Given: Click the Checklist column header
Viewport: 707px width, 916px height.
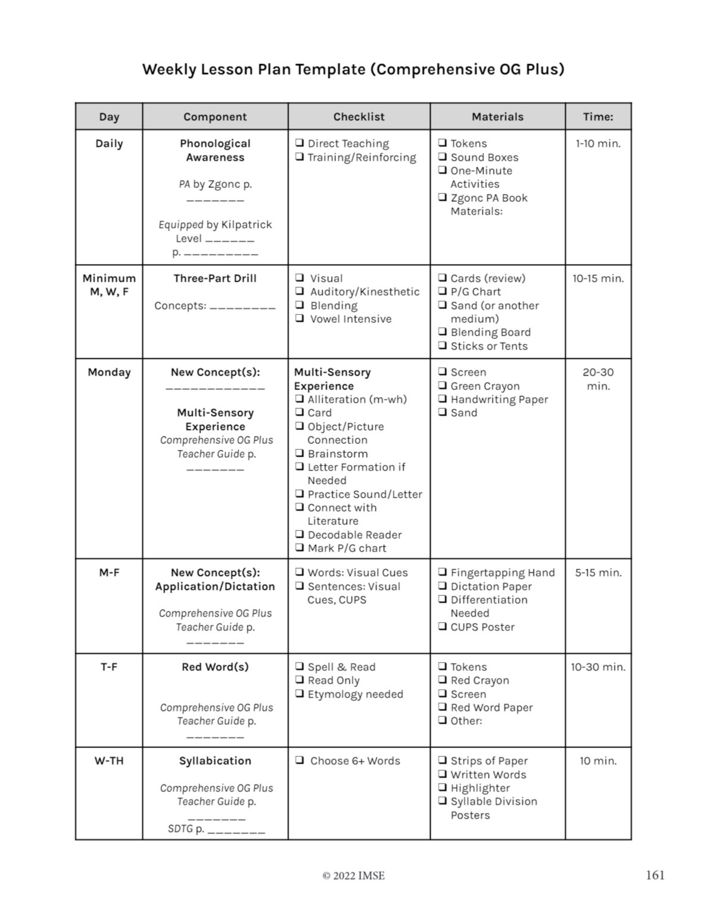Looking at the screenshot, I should coord(359,117).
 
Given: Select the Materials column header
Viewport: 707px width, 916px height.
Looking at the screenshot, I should coord(497,117).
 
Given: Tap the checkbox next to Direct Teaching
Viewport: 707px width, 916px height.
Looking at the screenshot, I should coord(300,143).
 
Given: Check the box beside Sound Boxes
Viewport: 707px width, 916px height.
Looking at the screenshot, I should coord(443,157).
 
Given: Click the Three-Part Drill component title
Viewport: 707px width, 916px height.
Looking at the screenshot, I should coord(215,278).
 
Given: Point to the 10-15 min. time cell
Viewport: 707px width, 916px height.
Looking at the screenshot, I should coord(598,278).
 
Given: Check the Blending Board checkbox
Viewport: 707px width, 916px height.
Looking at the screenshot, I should coord(443,332).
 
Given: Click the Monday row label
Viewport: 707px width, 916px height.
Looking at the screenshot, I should coord(109,372).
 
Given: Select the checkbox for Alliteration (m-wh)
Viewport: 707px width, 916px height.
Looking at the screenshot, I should coord(300,399).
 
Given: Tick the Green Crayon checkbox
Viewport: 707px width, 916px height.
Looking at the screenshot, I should coord(443,386).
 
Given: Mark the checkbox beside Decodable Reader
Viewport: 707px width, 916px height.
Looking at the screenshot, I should coord(300,534).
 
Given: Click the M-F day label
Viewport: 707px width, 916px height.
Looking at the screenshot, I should coord(109,572).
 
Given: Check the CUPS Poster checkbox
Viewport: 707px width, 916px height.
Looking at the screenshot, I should coord(443,626).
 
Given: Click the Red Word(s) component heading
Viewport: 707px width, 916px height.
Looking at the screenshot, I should coord(215,667).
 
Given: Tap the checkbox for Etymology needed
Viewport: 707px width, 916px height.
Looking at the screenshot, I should coord(300,694).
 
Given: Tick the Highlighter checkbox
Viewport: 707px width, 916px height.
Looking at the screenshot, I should coord(443,788).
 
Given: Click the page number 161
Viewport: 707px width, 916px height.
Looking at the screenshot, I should coord(655,875).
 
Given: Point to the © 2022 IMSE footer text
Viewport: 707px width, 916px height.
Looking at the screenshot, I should coord(353,875).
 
